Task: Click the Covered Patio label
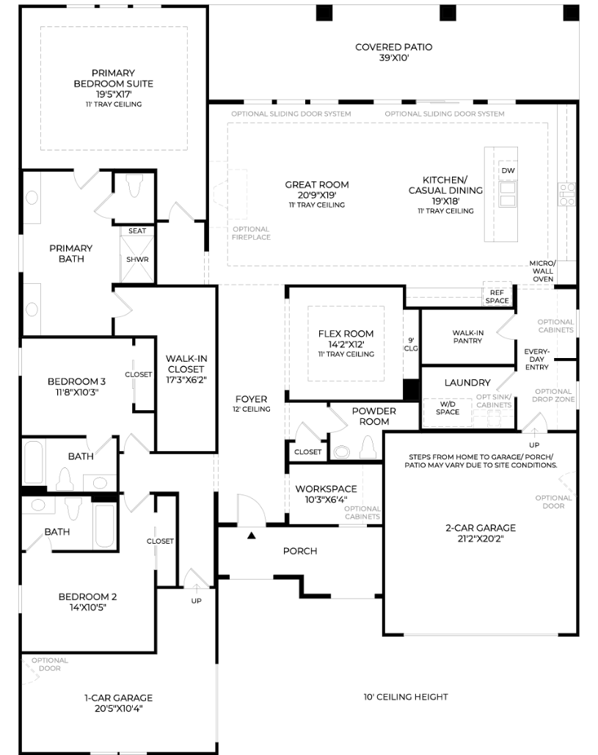pos(394,47)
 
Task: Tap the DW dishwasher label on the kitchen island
pos(508,170)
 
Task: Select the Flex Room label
pos(346,333)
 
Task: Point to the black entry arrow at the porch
pos(252,535)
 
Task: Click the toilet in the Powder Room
pos(368,447)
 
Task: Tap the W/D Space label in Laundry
pos(448,408)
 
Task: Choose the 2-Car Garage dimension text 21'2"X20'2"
pos(481,539)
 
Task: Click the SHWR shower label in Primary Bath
pos(137,259)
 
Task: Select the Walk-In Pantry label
pos(467,337)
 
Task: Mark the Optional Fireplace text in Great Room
pos(251,233)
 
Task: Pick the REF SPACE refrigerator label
pos(497,296)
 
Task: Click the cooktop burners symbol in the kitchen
pos(566,194)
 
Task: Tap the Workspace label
pos(326,489)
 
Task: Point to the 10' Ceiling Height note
pos(406,697)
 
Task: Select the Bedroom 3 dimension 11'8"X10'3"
pos(76,392)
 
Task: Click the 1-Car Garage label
pos(118,698)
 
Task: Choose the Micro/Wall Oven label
pos(543,271)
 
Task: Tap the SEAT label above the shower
pos(137,231)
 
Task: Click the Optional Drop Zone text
pos(553,395)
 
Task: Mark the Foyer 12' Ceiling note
pos(252,409)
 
